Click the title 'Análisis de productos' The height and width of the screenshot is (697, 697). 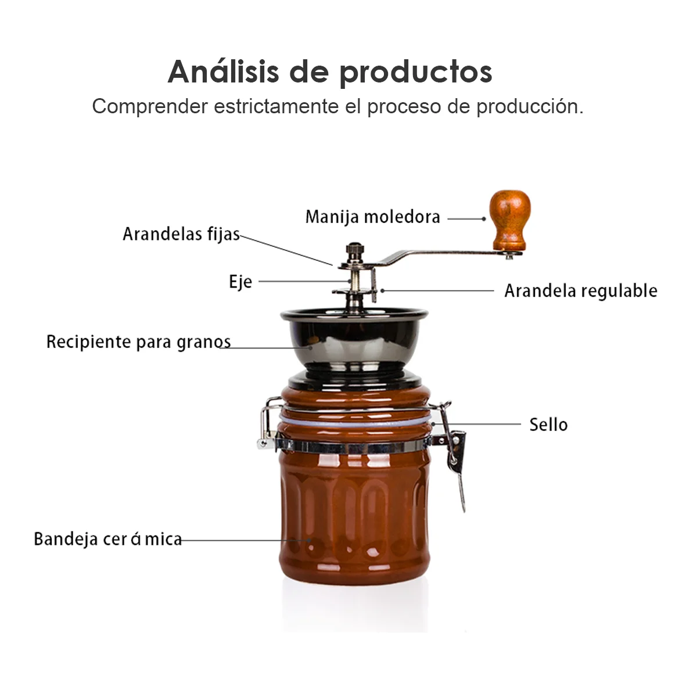(x=330, y=73)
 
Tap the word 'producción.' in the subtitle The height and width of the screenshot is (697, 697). (x=530, y=107)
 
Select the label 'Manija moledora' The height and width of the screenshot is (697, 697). (x=373, y=217)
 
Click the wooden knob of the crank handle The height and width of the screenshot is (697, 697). (x=509, y=220)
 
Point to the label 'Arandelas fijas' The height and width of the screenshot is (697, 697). (x=181, y=235)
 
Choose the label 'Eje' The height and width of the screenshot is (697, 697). (x=240, y=281)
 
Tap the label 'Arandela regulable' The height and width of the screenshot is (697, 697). (x=581, y=291)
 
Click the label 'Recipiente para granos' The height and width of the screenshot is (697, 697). (x=139, y=342)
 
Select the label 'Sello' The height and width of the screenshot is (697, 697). (x=548, y=425)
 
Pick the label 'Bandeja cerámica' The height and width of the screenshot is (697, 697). (x=108, y=539)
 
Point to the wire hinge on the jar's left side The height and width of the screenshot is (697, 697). (x=267, y=423)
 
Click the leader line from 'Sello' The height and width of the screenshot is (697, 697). (x=477, y=424)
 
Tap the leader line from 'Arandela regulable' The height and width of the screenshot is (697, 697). (x=438, y=290)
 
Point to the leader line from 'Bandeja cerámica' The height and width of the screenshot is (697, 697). (x=246, y=540)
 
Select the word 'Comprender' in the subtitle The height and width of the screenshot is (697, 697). (x=150, y=107)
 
